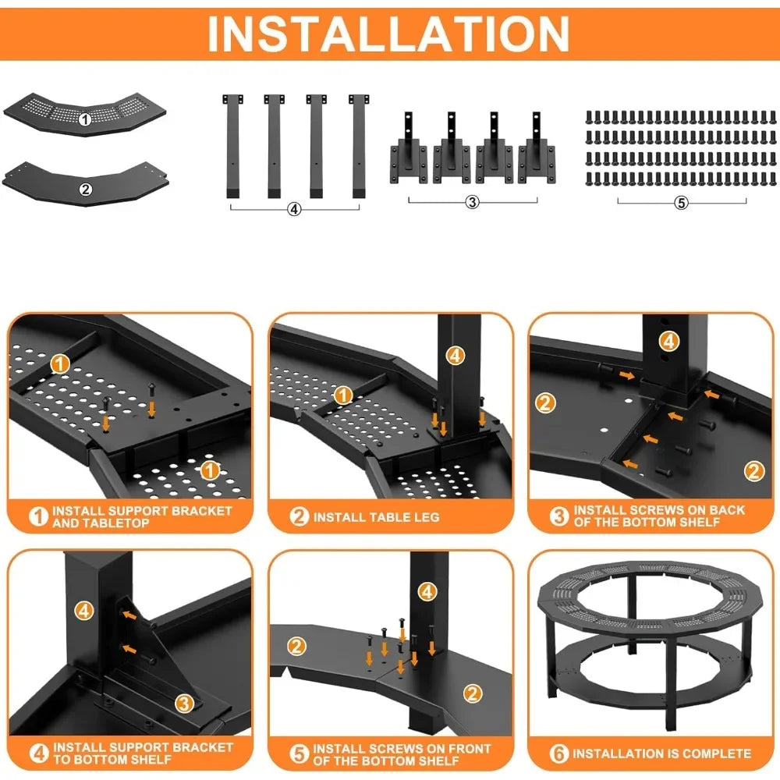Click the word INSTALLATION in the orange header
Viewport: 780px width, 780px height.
click(388, 34)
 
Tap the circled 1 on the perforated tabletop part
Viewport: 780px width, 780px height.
click(85, 119)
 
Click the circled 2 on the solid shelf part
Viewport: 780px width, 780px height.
click(86, 189)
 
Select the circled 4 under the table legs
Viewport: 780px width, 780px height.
click(295, 209)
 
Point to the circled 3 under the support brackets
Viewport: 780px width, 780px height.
click(472, 201)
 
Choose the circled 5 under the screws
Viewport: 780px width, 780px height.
click(681, 203)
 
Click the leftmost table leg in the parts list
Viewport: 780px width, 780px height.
click(232, 147)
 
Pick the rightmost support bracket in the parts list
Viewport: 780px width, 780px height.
click(537, 147)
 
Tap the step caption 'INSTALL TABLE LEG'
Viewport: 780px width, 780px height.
click(376, 517)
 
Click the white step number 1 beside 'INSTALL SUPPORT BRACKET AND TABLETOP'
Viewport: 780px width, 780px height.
click(38, 516)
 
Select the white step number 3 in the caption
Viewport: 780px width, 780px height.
click(559, 516)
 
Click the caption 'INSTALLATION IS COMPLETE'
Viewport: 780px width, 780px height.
click(661, 753)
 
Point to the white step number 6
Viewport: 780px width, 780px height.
click(559, 753)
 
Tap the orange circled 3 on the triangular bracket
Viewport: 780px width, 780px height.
click(185, 704)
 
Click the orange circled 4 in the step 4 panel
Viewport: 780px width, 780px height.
click(84, 611)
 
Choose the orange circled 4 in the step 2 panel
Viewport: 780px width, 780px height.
click(456, 356)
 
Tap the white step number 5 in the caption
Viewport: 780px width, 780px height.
click(299, 753)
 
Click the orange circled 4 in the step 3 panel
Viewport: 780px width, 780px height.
click(669, 342)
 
